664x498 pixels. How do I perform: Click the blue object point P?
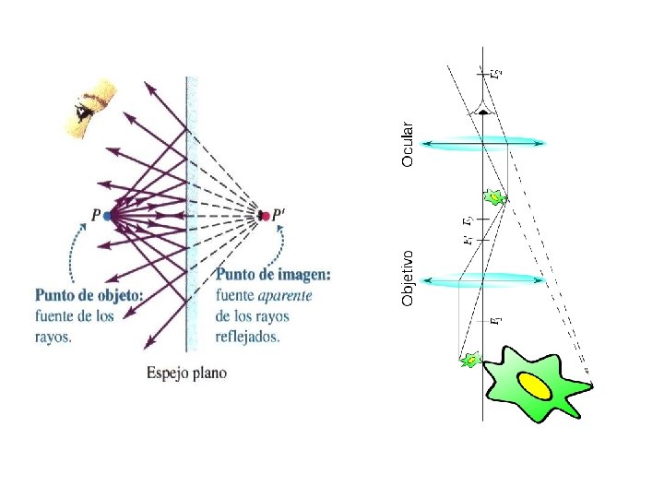tap(108, 216)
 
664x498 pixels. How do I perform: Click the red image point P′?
tap(266, 216)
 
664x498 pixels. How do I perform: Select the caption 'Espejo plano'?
tap(186, 373)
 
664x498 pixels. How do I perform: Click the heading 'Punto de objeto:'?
tap(89, 296)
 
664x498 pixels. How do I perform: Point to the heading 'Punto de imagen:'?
tap(274, 275)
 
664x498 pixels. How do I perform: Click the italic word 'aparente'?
tap(285, 296)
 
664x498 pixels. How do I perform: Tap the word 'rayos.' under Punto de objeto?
tap(53, 338)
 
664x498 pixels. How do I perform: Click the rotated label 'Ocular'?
tap(408, 138)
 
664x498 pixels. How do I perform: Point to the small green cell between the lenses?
tap(495, 197)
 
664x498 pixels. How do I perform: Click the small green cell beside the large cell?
tap(470, 361)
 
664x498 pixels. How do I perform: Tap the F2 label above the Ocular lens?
tap(497, 71)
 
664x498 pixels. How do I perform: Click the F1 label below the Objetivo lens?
tap(496, 321)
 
